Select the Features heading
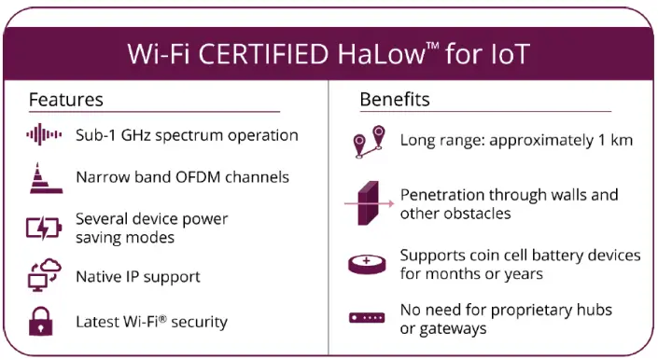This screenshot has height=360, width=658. pyautogui.click(x=65, y=99)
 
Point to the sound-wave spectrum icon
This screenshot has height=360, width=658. pyautogui.click(x=44, y=135)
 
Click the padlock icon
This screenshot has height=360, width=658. pyautogui.click(x=42, y=322)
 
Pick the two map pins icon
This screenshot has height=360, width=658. pyautogui.click(x=368, y=142)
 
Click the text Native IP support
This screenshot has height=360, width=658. pyautogui.click(x=138, y=277)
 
